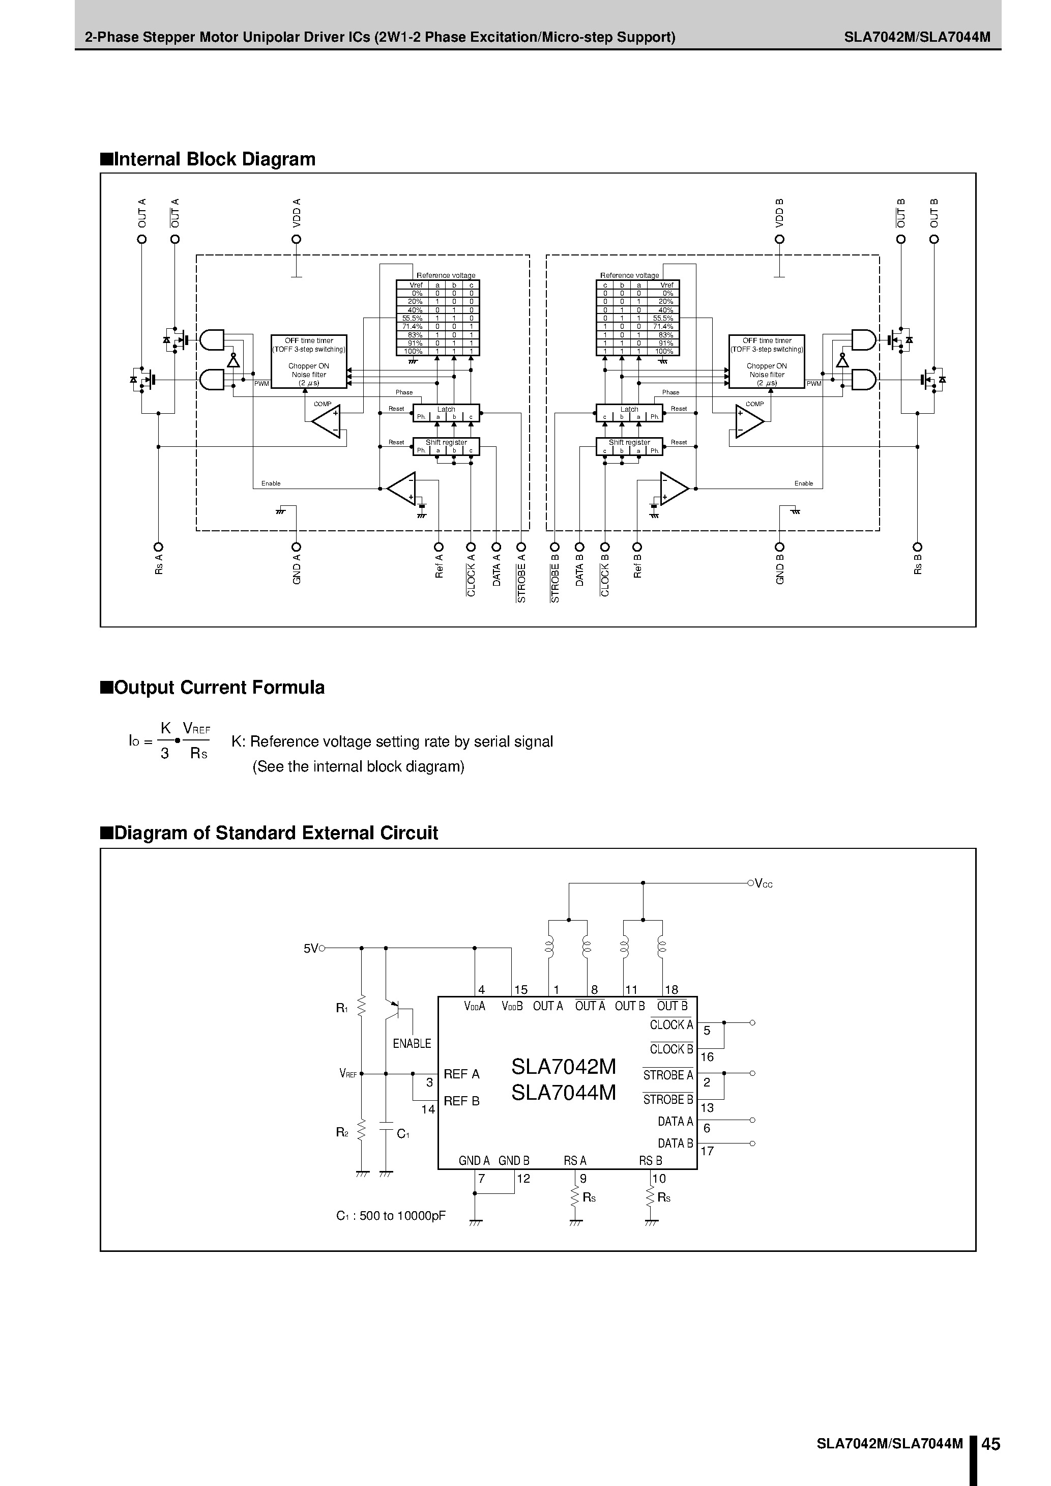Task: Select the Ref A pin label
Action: click(x=439, y=566)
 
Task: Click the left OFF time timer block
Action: click(x=309, y=361)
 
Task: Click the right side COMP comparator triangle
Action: click(x=748, y=421)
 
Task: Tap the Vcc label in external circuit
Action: click(x=764, y=884)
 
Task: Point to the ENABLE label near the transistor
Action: click(x=412, y=1043)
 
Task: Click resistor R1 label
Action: click(x=342, y=1008)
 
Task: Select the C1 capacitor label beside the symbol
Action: click(x=402, y=1133)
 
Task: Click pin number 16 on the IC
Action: click(x=707, y=1057)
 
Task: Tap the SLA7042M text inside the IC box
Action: click(x=563, y=1067)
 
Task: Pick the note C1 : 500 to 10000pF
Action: click(x=391, y=1215)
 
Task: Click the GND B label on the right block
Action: click(x=780, y=569)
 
